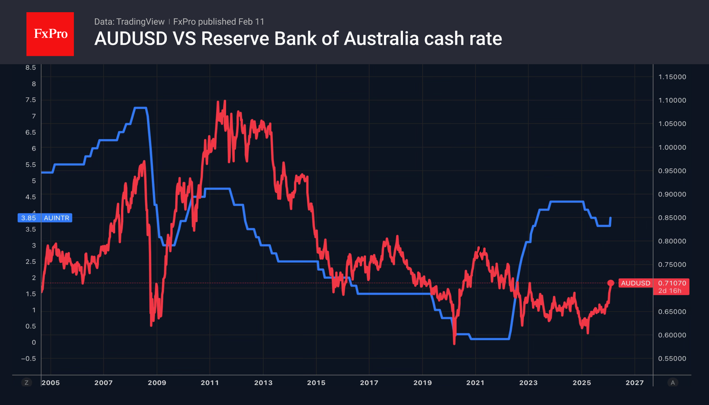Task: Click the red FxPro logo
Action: click(50, 34)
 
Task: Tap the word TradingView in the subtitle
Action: click(140, 22)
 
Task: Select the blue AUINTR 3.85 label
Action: click(45, 218)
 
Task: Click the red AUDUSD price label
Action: click(635, 283)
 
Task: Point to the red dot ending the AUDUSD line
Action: click(611, 283)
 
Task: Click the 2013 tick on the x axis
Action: click(263, 383)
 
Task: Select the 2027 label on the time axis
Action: click(634, 383)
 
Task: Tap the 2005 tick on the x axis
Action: click(51, 383)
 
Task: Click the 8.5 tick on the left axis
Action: click(31, 67)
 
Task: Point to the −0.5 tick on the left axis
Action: click(28, 359)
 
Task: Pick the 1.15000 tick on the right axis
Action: click(672, 77)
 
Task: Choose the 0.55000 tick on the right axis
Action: click(672, 359)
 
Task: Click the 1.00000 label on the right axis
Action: click(672, 147)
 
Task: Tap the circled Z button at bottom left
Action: click(26, 383)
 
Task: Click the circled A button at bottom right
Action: click(673, 383)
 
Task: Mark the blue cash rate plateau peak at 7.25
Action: click(140, 108)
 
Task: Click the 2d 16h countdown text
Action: click(670, 291)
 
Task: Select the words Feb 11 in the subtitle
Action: click(251, 22)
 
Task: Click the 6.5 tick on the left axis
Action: click(31, 132)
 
